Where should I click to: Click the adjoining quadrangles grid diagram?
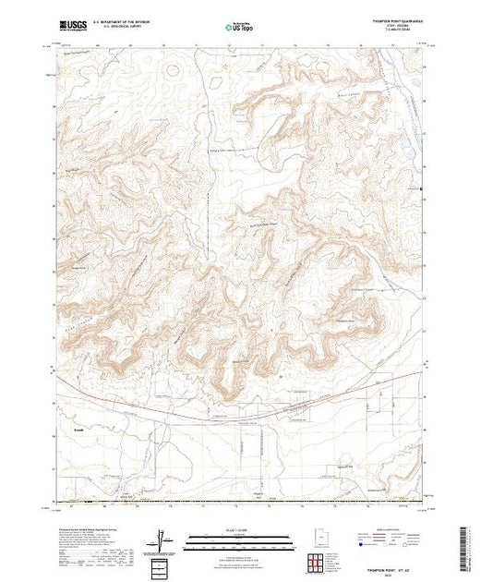(x=317, y=563)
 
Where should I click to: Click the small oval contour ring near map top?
(x=172, y=67)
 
